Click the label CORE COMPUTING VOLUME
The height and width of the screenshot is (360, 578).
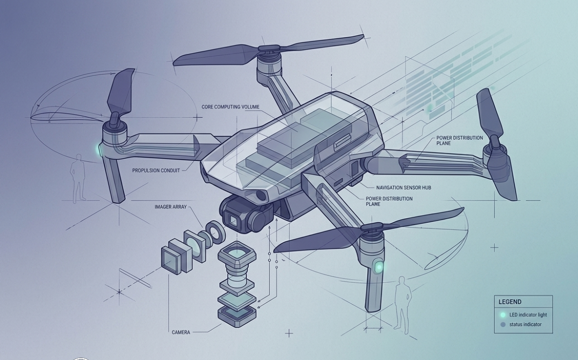(230, 107)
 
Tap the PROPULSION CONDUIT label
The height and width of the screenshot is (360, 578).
(156, 171)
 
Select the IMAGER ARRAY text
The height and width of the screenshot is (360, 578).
(170, 207)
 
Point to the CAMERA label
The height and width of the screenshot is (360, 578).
(181, 333)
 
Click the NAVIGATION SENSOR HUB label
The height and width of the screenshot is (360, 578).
(403, 188)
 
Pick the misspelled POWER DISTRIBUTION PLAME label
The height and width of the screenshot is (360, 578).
(389, 201)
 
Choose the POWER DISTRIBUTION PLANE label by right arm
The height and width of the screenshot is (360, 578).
(459, 140)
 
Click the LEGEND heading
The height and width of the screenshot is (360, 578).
(510, 302)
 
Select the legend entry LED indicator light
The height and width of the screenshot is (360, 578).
(528, 315)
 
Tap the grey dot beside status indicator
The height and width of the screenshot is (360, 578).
(503, 325)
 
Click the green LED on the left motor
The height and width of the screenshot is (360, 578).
(99, 150)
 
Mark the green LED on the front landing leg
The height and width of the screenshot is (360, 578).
(379, 267)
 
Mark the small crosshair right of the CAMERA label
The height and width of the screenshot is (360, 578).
(289, 333)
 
